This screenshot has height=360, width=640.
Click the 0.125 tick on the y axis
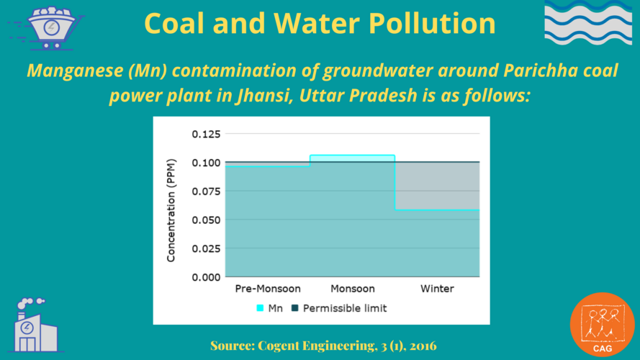coord(205,134)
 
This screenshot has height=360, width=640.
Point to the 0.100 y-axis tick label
coord(205,163)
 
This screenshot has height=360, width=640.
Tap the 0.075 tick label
coord(205,191)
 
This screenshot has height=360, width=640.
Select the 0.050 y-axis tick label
coord(205,220)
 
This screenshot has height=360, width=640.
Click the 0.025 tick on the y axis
coord(205,248)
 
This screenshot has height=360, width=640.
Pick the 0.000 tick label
coord(205,277)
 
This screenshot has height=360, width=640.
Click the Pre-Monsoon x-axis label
coord(267,289)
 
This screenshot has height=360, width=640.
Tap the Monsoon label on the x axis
coord(352,289)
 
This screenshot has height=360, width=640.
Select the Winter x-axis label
coord(437,289)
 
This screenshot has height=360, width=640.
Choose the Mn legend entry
coord(269,308)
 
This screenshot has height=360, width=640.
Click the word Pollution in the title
coord(437,24)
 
